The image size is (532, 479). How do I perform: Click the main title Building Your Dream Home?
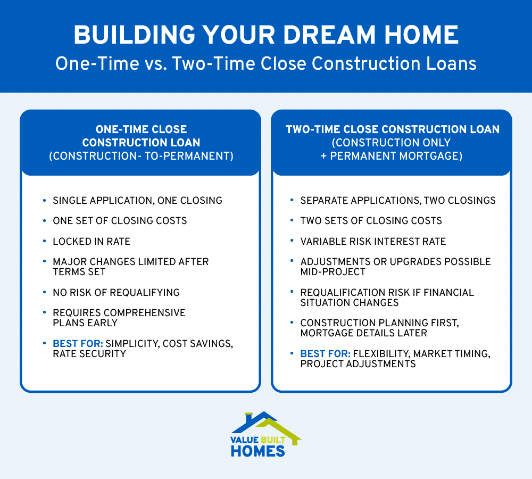(265, 35)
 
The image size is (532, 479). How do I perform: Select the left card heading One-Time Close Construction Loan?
(141, 136)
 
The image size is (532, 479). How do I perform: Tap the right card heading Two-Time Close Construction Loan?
(392, 129)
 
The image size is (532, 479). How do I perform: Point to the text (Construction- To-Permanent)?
(141, 156)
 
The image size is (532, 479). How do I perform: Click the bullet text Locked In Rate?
(91, 241)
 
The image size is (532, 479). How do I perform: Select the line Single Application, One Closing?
(137, 201)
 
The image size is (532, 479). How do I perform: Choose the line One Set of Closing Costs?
(120, 221)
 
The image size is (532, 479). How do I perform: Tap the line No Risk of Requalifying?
(116, 292)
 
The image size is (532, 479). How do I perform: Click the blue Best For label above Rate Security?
(73, 343)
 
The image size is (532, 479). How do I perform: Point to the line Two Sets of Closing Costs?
(371, 221)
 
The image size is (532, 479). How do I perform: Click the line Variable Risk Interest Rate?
(373, 241)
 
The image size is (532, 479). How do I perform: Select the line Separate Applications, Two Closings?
(398, 201)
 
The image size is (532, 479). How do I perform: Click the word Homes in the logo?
(258, 451)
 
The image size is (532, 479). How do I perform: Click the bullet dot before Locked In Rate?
(44, 241)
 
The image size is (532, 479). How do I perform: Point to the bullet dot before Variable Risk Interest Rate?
(292, 241)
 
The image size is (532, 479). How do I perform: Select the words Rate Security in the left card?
(89, 353)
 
